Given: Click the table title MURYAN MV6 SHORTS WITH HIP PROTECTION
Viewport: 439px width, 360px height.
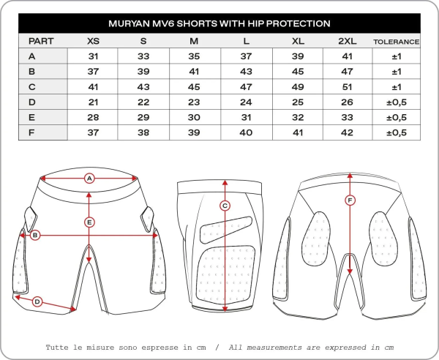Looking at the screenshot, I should [x=219, y=23].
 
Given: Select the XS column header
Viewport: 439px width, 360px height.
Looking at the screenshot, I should [x=93, y=41].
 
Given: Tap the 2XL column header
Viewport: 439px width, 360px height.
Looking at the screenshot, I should [x=348, y=41].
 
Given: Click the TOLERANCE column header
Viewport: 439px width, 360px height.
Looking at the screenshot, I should [x=396, y=42].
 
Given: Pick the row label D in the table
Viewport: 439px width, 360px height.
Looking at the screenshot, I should [x=31, y=102].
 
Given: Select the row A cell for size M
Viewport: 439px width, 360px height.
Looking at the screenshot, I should [x=194, y=56].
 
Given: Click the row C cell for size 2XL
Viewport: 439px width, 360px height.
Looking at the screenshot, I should [x=348, y=86].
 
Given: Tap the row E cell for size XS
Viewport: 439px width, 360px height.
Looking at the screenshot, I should [x=93, y=117].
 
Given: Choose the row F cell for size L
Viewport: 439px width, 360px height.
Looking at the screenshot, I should [x=246, y=132].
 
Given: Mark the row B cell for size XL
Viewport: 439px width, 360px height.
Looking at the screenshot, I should [x=297, y=71].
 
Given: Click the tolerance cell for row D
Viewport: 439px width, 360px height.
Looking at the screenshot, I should [x=396, y=102].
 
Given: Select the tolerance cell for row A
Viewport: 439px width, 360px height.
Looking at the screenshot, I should [x=396, y=56].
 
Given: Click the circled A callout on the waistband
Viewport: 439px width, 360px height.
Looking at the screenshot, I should [x=89, y=178].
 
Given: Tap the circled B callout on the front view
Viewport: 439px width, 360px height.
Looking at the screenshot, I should [x=34, y=235].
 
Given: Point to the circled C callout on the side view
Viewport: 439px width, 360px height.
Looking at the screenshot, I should [x=225, y=206].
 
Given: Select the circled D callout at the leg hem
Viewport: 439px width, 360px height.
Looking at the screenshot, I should [x=37, y=301].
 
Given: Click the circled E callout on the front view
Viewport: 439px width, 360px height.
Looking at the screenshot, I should [x=89, y=221].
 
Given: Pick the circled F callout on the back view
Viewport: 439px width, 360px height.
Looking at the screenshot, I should [x=350, y=200].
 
